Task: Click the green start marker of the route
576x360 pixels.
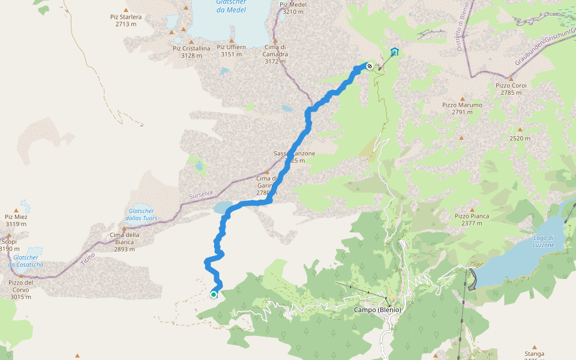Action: click(x=214, y=294)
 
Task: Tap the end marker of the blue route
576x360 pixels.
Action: click(x=370, y=66)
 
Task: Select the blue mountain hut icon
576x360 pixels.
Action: click(x=394, y=52)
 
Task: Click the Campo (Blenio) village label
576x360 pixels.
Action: click(x=378, y=310)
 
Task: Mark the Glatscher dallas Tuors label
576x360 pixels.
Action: click(x=141, y=214)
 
